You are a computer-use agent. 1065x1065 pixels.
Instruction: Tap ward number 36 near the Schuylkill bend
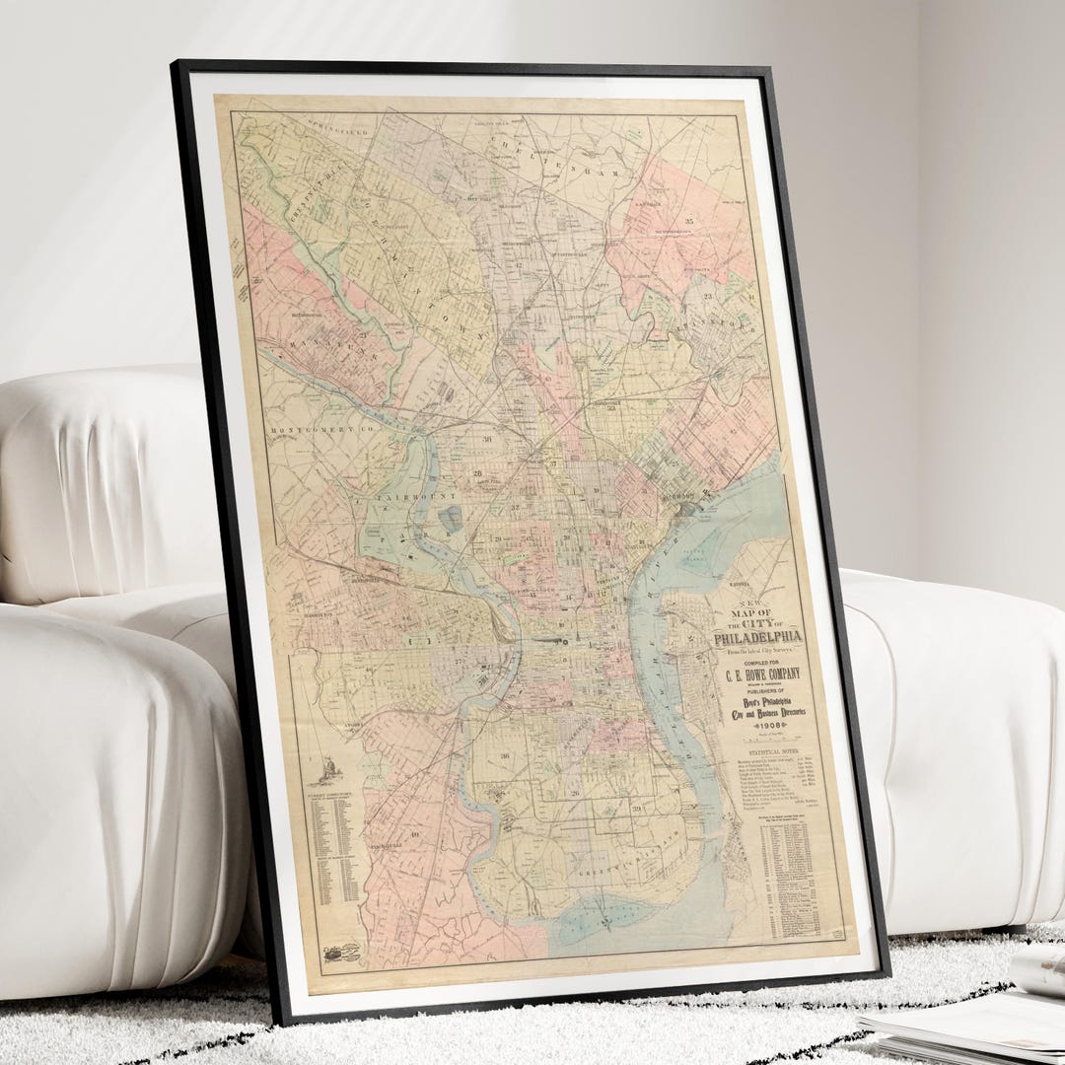(505, 757)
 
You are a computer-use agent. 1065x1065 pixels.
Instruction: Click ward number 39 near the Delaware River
(637, 810)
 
